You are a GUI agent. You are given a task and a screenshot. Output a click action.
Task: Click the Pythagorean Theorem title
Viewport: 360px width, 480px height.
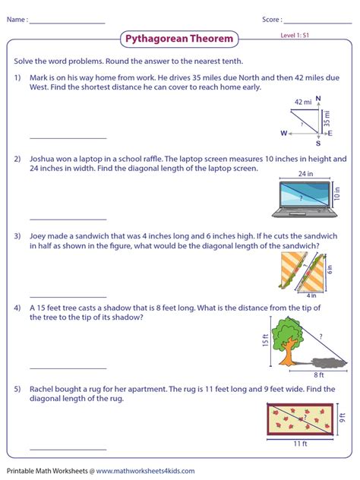click(179, 39)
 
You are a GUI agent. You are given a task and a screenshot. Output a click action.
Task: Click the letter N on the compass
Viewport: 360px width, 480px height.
click(317, 98)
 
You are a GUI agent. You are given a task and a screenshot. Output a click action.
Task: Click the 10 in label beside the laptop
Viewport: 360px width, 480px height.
click(338, 194)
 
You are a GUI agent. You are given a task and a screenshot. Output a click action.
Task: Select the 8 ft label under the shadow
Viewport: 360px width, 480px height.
click(319, 374)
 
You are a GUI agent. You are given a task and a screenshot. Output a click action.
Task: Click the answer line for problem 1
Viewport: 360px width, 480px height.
click(68, 137)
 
